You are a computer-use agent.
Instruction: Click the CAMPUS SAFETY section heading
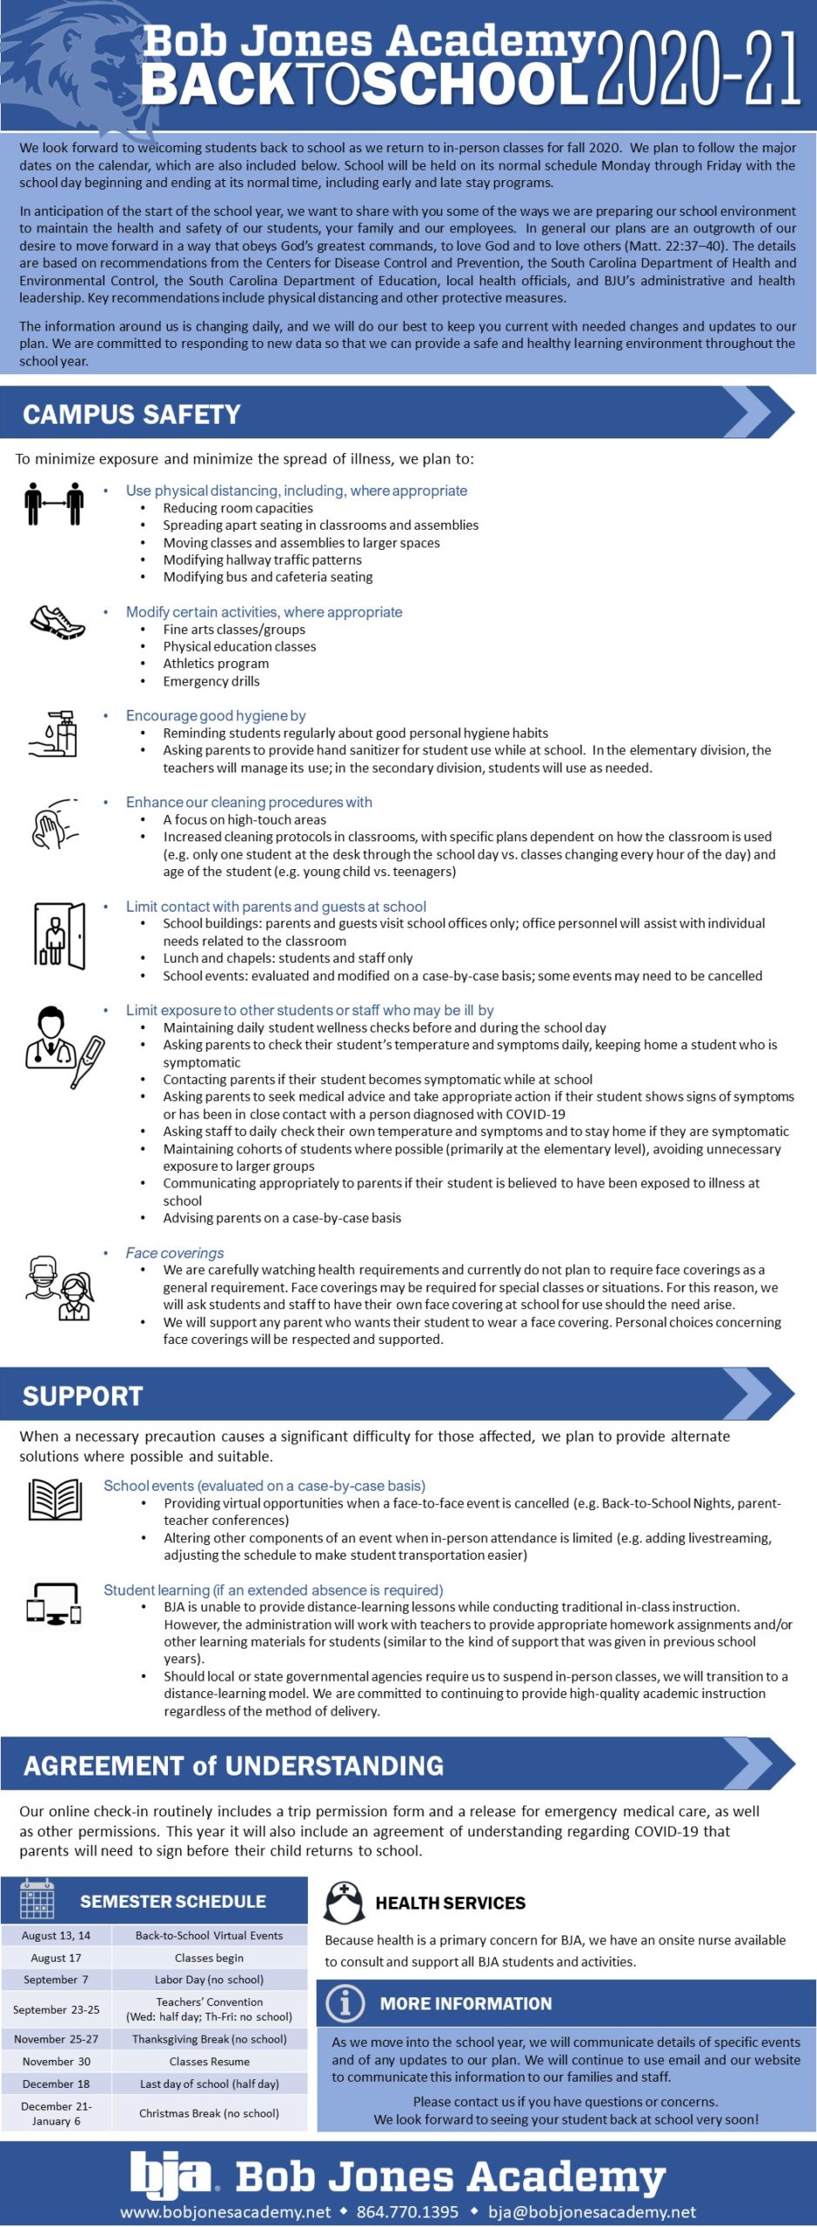[131, 414]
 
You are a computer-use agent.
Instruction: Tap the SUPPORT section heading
[83, 1396]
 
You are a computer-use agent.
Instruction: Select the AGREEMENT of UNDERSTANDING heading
[233, 1765]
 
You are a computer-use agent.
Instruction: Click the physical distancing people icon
[54, 504]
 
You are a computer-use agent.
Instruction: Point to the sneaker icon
[57, 622]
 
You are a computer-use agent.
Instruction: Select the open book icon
[56, 1500]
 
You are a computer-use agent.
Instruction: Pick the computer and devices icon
[54, 1603]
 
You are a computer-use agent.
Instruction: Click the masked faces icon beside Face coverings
[59, 1288]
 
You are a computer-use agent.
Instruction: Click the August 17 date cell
[56, 1957]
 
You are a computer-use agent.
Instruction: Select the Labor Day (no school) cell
[209, 1979]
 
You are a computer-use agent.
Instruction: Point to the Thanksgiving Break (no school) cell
[209, 2039]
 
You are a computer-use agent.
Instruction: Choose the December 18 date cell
[56, 2083]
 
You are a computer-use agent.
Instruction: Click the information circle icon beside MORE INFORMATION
[345, 2003]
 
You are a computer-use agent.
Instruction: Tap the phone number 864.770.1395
[407, 2211]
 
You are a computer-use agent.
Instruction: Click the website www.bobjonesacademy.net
[225, 2211]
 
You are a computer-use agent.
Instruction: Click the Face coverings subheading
[175, 1253]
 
